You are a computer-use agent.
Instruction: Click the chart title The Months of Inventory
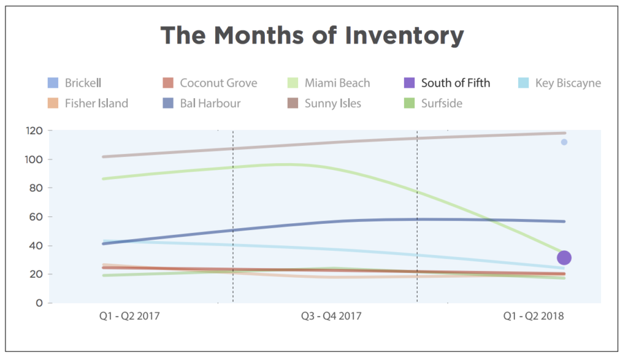(x=312, y=36)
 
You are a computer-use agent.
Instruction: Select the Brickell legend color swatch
(x=53, y=83)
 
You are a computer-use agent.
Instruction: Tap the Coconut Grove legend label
(x=218, y=83)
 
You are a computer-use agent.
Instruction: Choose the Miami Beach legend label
(x=337, y=83)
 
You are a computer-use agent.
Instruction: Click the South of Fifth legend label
(x=456, y=83)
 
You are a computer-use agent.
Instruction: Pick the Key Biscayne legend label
(x=568, y=83)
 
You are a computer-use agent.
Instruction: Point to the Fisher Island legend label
(x=96, y=103)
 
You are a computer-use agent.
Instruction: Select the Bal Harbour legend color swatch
(x=168, y=103)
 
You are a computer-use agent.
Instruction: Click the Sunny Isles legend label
(x=333, y=103)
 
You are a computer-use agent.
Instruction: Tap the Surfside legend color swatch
(x=410, y=103)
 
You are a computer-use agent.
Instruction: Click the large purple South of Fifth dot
(x=564, y=258)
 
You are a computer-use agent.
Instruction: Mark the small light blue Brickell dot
(x=564, y=142)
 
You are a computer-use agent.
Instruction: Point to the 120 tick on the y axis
(x=34, y=131)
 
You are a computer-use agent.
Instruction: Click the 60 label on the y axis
(x=37, y=216)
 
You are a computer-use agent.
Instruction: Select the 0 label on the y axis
(x=40, y=303)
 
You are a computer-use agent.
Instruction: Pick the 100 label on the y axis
(x=34, y=159)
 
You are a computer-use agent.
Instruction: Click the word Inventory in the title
(x=404, y=36)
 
